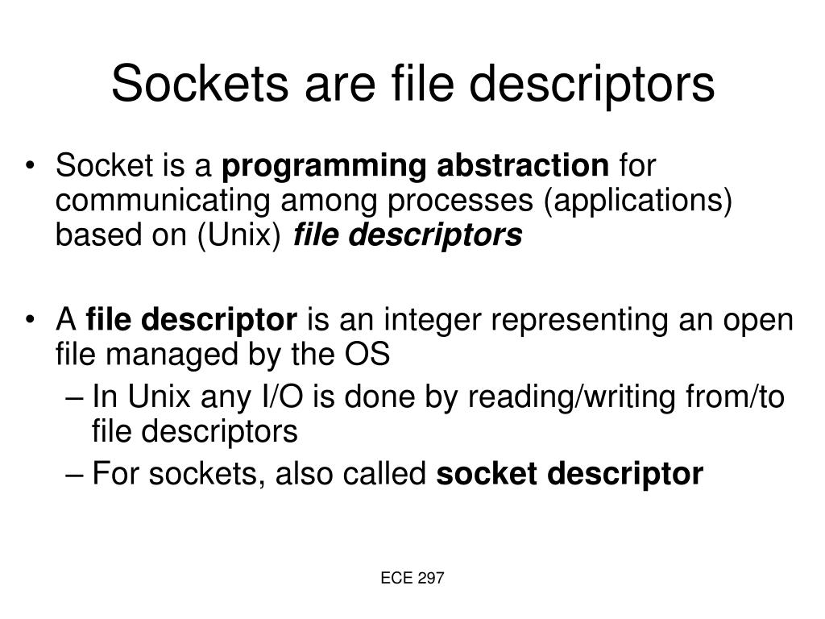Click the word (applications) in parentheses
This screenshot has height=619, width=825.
point(637,201)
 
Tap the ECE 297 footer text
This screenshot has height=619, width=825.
point(412,578)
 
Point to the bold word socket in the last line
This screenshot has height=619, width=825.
point(487,474)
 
